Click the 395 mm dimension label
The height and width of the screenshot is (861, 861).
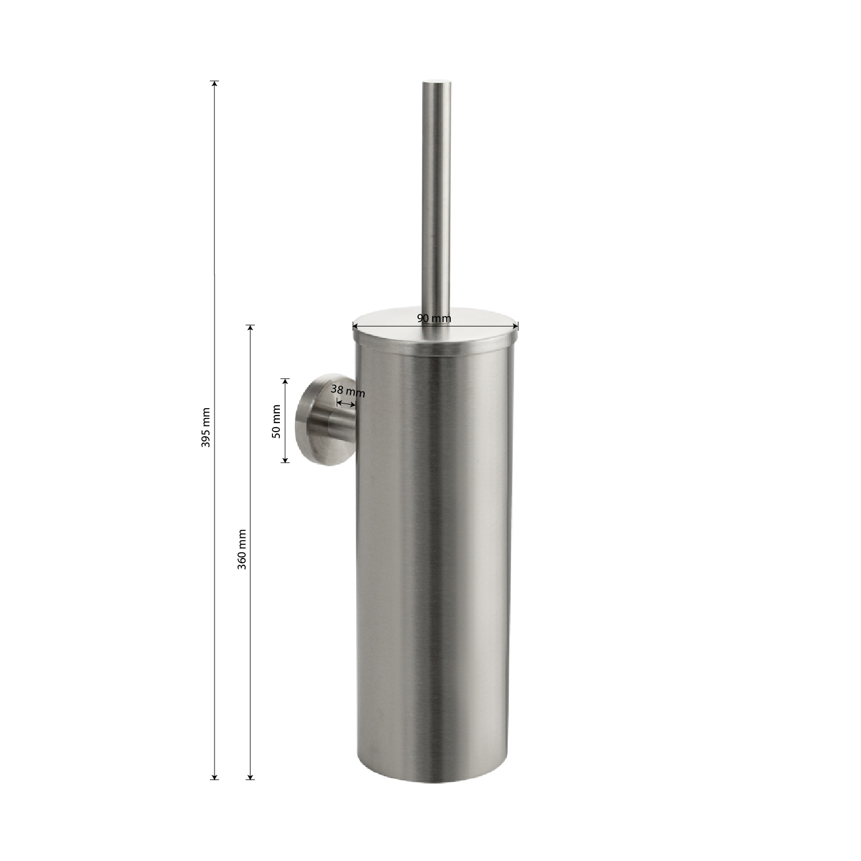(207, 428)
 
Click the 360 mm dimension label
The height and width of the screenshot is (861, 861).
(242, 549)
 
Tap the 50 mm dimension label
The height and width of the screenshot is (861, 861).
(276, 422)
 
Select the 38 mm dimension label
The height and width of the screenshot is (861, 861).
(348, 391)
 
